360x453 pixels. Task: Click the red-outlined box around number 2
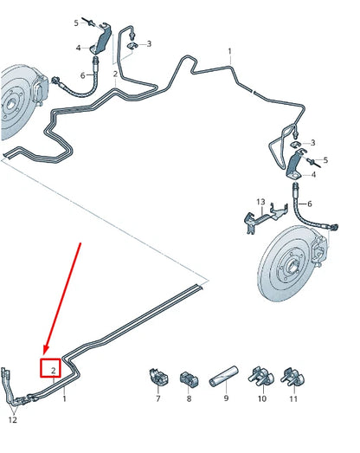click(53, 368)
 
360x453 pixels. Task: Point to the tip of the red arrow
click(45, 354)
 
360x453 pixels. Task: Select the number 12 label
click(12, 420)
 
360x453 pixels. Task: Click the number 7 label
click(157, 398)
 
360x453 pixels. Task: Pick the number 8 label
click(189, 398)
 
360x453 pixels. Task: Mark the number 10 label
click(260, 398)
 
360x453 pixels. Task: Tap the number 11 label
click(292, 398)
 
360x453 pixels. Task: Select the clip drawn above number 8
click(189, 378)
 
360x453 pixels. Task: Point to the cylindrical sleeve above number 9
click(224, 376)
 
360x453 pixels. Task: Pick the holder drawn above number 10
click(259, 376)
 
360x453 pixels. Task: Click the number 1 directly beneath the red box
click(64, 399)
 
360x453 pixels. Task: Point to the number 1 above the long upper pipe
click(229, 52)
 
